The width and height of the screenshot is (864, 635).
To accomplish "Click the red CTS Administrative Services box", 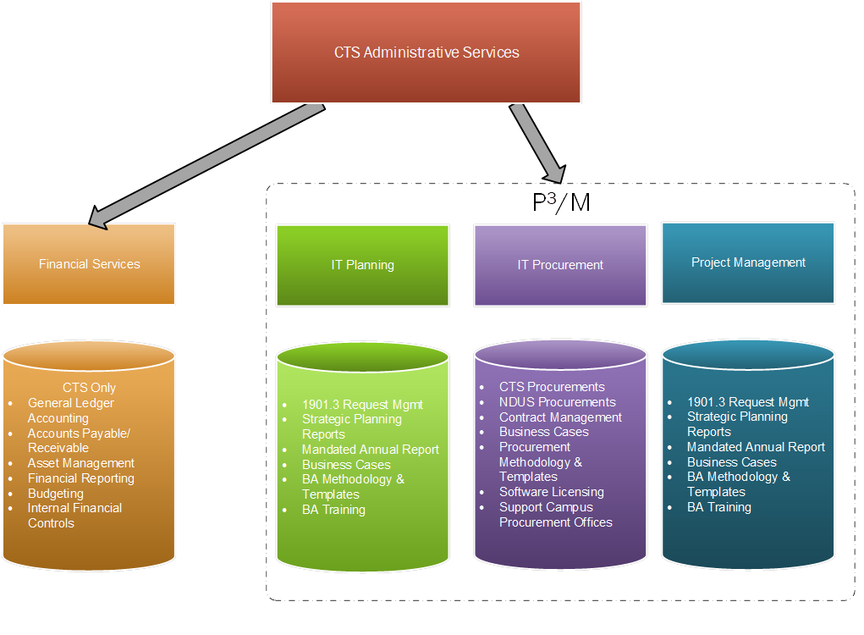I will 426,52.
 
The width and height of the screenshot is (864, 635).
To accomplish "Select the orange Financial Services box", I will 89,264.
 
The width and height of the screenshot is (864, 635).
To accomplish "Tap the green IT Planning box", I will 362,265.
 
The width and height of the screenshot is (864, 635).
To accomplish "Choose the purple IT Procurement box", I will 560,265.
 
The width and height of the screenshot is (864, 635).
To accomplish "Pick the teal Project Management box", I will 748,262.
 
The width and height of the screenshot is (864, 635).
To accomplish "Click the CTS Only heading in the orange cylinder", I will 89,388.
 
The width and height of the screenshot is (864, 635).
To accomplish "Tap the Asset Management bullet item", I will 80,463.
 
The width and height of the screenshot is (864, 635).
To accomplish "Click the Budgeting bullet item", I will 56,494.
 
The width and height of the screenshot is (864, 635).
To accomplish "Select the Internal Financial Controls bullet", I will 74,516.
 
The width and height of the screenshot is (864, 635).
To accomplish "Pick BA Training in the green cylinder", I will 333,510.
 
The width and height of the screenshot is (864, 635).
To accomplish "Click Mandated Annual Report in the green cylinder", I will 370,450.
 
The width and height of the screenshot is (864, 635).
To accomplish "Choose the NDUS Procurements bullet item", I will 557,402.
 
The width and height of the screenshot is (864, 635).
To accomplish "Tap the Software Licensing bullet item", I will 551,492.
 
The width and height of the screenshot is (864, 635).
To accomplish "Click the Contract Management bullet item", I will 560,417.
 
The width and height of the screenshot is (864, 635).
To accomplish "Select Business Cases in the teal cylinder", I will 731,462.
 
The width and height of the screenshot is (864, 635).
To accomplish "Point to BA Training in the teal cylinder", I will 718,507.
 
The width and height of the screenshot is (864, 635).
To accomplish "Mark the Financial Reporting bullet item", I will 80,478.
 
